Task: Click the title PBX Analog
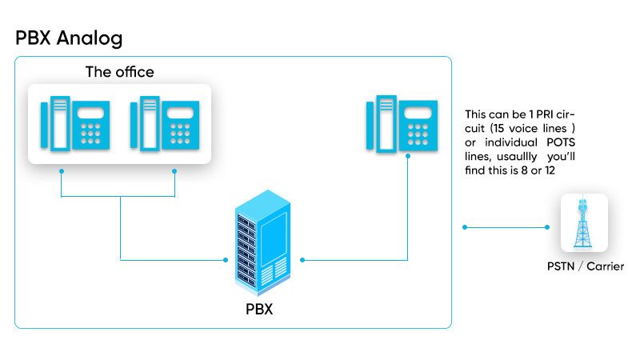69,38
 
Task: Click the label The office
119,72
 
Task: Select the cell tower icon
584,223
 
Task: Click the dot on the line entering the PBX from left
224,260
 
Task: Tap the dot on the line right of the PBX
303,260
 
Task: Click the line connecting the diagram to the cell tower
506,228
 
